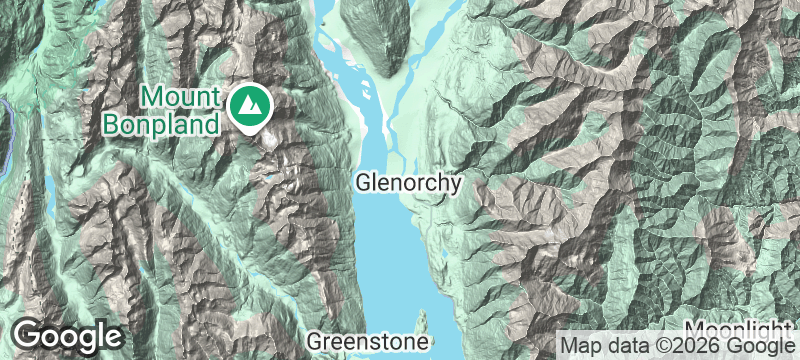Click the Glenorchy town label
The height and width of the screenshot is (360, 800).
[409, 184]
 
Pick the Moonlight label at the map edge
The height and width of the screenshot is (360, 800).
[741, 331]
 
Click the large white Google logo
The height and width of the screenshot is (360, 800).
[68, 336]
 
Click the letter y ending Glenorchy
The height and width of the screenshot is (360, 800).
[456, 187]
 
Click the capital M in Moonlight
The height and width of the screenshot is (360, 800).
[696, 331]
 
